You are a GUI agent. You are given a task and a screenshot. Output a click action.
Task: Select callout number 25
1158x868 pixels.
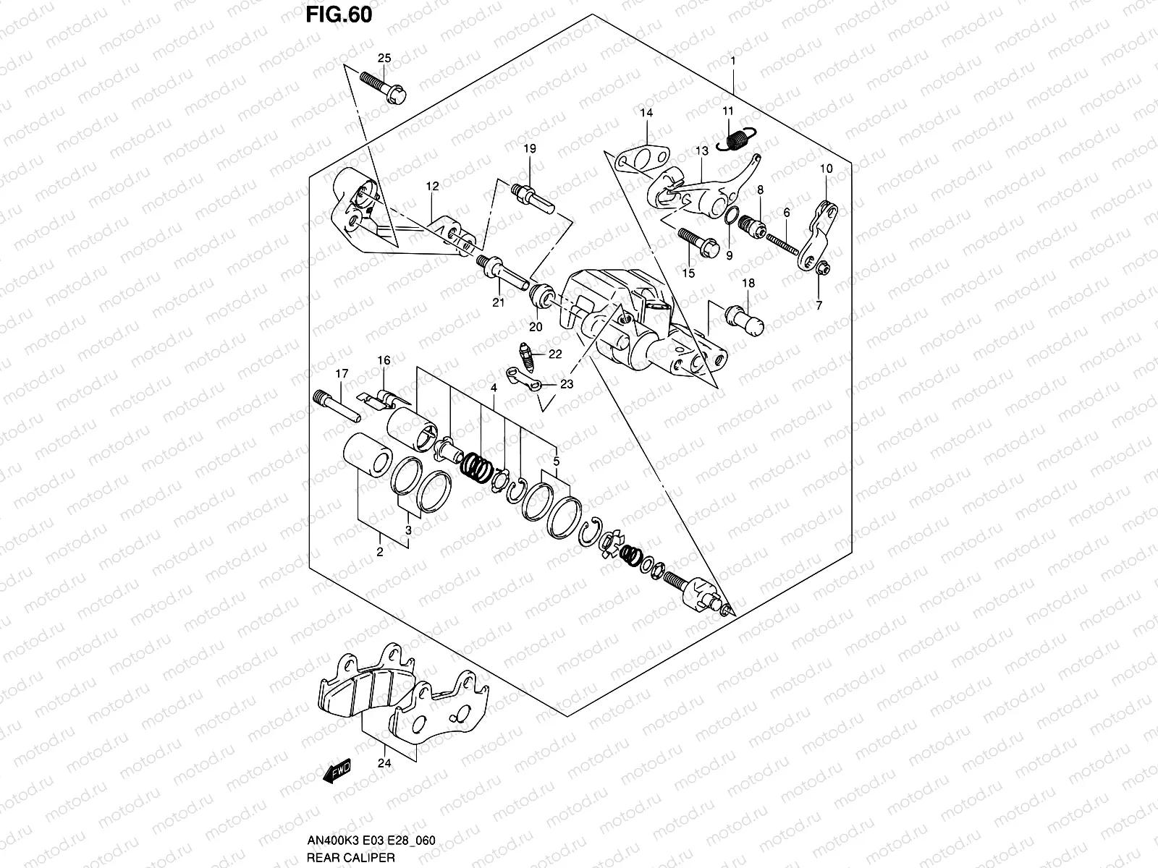click(384, 58)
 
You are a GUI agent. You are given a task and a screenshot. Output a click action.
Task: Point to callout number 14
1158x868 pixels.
click(646, 113)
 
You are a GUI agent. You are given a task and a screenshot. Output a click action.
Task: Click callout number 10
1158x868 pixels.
click(826, 169)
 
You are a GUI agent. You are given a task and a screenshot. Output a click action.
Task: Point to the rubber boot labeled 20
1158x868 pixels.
click(543, 296)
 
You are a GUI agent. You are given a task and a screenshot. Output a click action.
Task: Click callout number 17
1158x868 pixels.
click(341, 373)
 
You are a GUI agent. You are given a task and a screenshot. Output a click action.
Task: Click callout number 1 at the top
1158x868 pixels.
click(733, 62)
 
